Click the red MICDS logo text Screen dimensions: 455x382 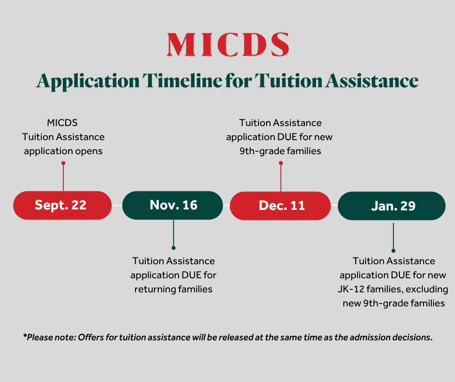[228, 45]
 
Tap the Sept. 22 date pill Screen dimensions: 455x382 [62, 205]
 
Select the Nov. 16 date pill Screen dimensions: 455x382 [173, 205]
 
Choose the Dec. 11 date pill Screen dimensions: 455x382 [280, 206]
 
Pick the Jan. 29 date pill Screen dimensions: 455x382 [392, 206]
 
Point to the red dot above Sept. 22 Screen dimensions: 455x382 [63, 163]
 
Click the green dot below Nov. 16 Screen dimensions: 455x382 [173, 248]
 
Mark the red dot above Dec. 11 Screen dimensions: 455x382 [281, 163]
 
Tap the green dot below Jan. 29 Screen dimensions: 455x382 [394, 251]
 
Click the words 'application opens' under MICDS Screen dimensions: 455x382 [63, 151]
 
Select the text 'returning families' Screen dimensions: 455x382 [173, 289]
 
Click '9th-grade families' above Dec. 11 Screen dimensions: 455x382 [280, 151]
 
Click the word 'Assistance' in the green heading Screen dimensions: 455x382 [372, 80]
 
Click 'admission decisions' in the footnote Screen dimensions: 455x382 [391, 337]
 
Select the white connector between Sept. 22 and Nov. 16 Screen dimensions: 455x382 [117, 205]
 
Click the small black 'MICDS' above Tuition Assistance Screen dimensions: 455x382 [62, 123]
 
